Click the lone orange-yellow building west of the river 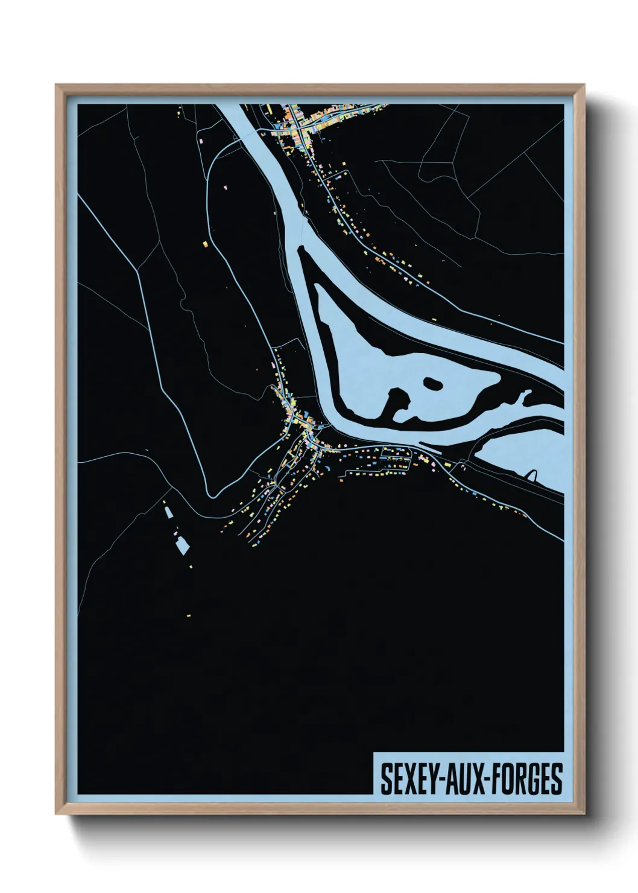click(x=204, y=244)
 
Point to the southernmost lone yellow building click(x=189, y=615)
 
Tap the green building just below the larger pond click(x=191, y=567)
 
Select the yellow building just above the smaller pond click(x=164, y=500)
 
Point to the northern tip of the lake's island click(x=300, y=247)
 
